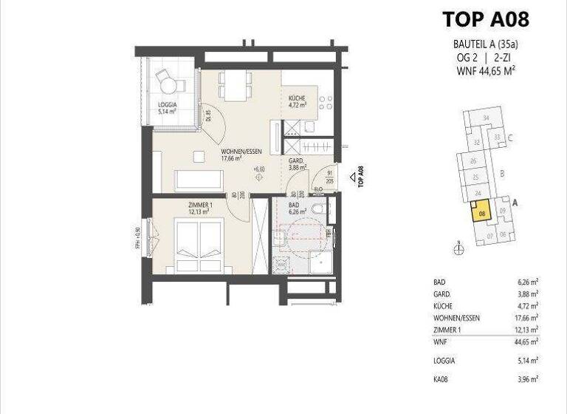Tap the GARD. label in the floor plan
[296, 163]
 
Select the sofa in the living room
[198, 180]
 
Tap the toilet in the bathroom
[318, 211]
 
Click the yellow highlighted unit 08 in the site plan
[481, 214]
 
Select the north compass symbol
[459, 249]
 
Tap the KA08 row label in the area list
[442, 379]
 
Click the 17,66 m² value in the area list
[526, 318]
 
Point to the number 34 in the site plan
[485, 118]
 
